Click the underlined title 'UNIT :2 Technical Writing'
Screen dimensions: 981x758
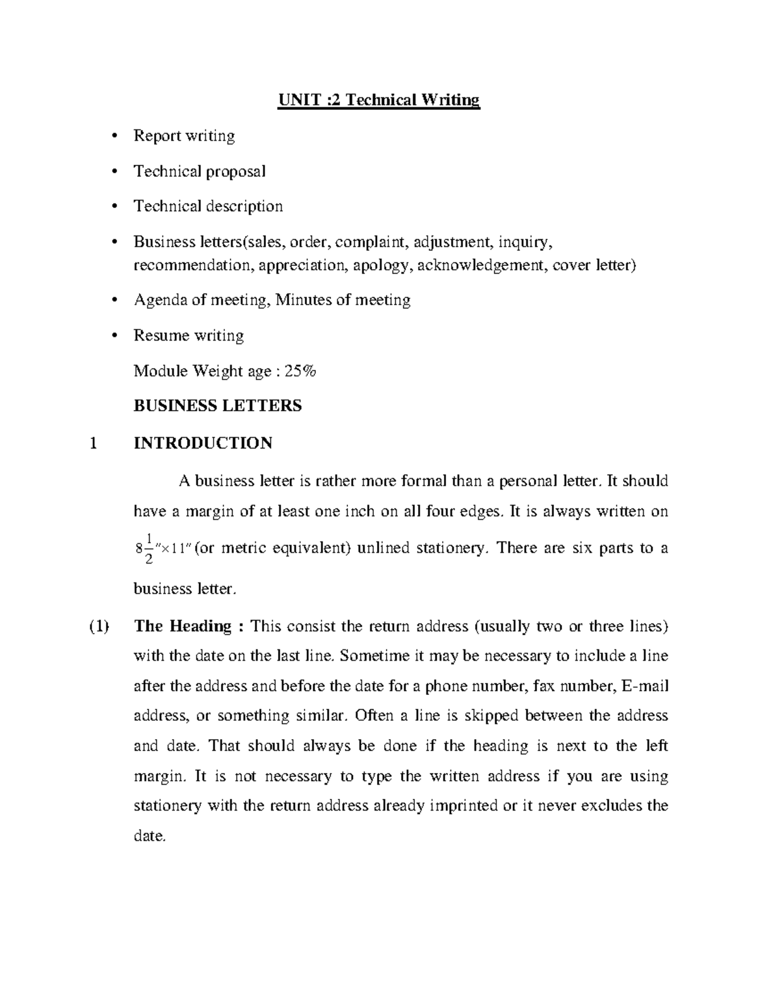[379, 100]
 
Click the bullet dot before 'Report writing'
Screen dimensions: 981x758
[114, 136]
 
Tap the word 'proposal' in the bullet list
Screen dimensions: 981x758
[236, 171]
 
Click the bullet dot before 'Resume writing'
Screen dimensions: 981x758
[114, 335]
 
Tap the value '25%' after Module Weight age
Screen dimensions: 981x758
[300, 371]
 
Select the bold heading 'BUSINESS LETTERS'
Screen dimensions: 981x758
[218, 406]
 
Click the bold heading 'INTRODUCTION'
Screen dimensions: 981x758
[203, 443]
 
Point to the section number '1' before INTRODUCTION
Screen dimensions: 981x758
[94, 443]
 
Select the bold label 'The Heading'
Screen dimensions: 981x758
[183, 626]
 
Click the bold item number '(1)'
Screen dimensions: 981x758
[99, 626]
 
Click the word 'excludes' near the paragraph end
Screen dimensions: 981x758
[610, 806]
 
